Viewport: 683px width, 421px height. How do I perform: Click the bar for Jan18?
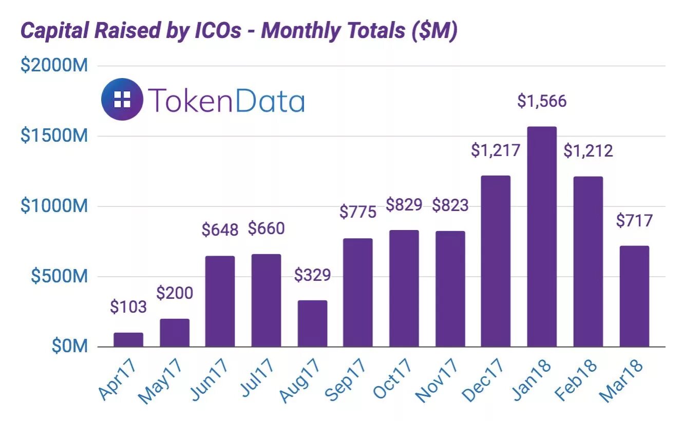pos(542,236)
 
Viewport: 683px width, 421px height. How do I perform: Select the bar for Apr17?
pos(128,340)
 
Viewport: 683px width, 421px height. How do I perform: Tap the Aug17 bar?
pos(312,323)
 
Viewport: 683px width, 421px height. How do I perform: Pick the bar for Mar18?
pos(634,296)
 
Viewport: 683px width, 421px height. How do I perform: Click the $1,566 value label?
pos(542,101)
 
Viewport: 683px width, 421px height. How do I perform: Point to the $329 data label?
pos(312,275)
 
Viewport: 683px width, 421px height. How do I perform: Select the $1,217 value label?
pos(496,150)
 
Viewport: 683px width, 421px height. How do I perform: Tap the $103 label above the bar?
pos(128,308)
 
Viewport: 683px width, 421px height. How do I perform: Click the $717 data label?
pos(634,221)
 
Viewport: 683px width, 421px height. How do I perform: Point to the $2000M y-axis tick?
pos(54,66)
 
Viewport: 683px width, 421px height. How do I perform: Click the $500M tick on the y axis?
pos(59,276)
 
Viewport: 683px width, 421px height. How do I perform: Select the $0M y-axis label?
pos(70,347)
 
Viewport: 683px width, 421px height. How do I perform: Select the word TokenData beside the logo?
pos(226,100)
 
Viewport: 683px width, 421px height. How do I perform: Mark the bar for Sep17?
pos(358,292)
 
